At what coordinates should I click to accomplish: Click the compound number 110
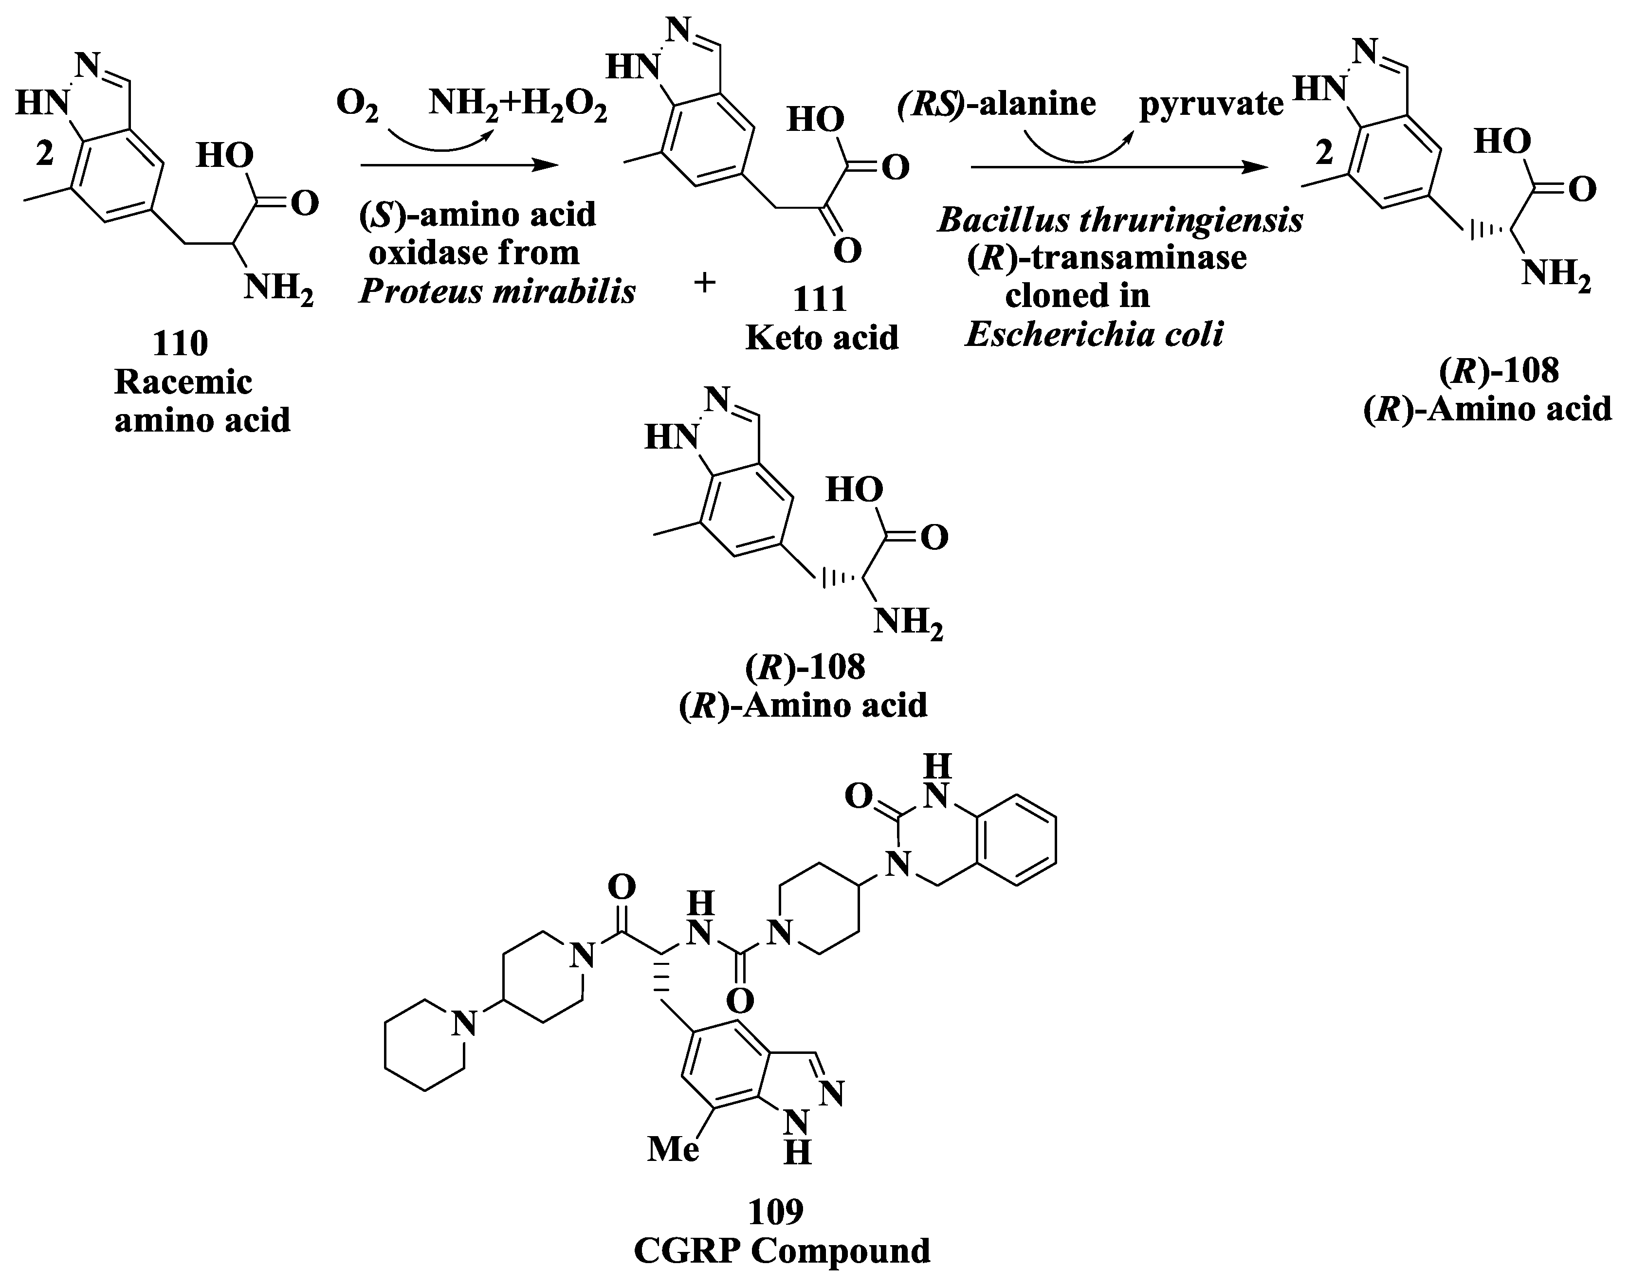point(181,344)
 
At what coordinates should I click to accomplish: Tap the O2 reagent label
point(357,103)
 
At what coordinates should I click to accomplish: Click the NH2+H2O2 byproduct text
point(518,103)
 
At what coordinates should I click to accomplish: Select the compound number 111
point(820,299)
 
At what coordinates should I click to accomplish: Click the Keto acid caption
point(822,338)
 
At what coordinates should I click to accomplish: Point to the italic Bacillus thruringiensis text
point(1119,220)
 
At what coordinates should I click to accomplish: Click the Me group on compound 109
point(674,1149)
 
